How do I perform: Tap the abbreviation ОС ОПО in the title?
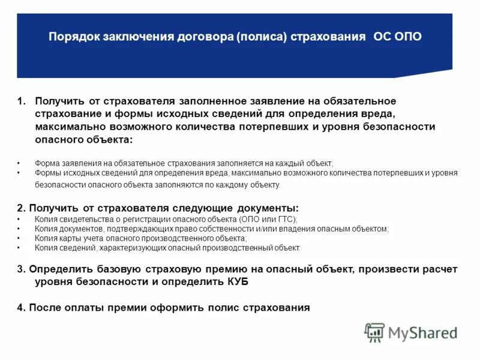tap(398, 37)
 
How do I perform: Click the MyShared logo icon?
tap(374, 332)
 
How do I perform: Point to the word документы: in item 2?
tap(265, 208)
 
